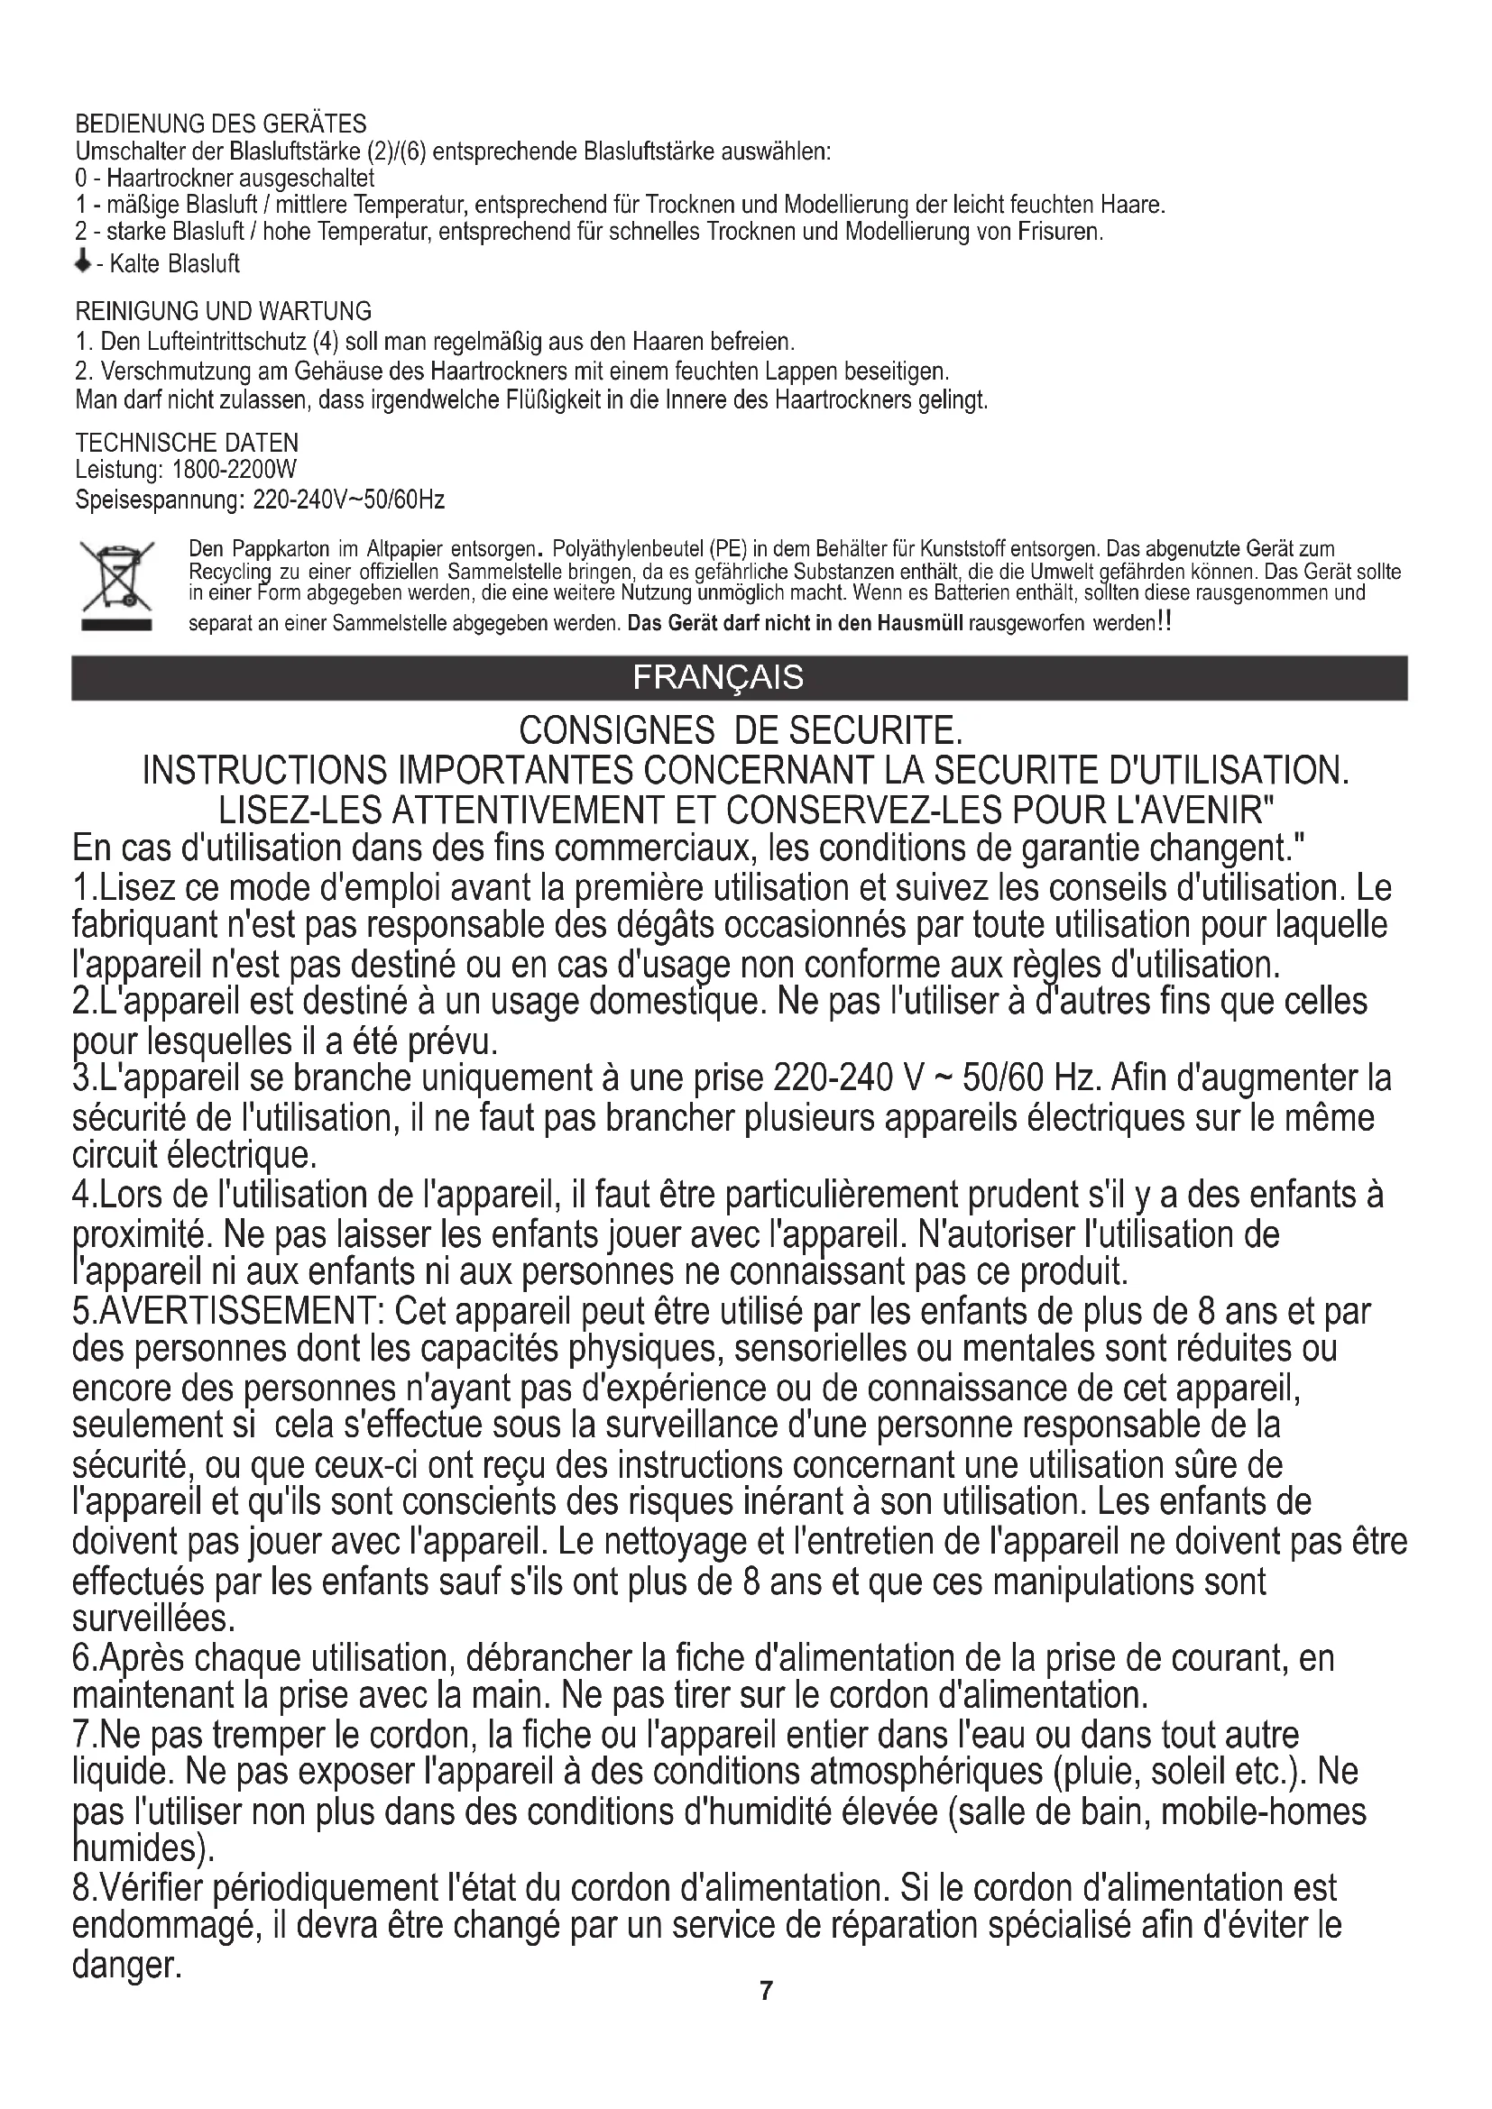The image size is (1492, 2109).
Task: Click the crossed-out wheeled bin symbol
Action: coord(115,584)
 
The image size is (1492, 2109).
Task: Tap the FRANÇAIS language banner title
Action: coord(717,677)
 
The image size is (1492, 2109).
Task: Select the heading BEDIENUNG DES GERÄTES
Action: coord(220,124)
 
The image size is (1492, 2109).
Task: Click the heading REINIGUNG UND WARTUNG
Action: coord(223,310)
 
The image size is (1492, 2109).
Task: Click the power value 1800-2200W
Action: coord(235,471)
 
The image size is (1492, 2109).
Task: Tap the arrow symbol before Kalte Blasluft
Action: coord(83,262)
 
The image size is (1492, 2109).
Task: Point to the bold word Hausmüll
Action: coord(919,624)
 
